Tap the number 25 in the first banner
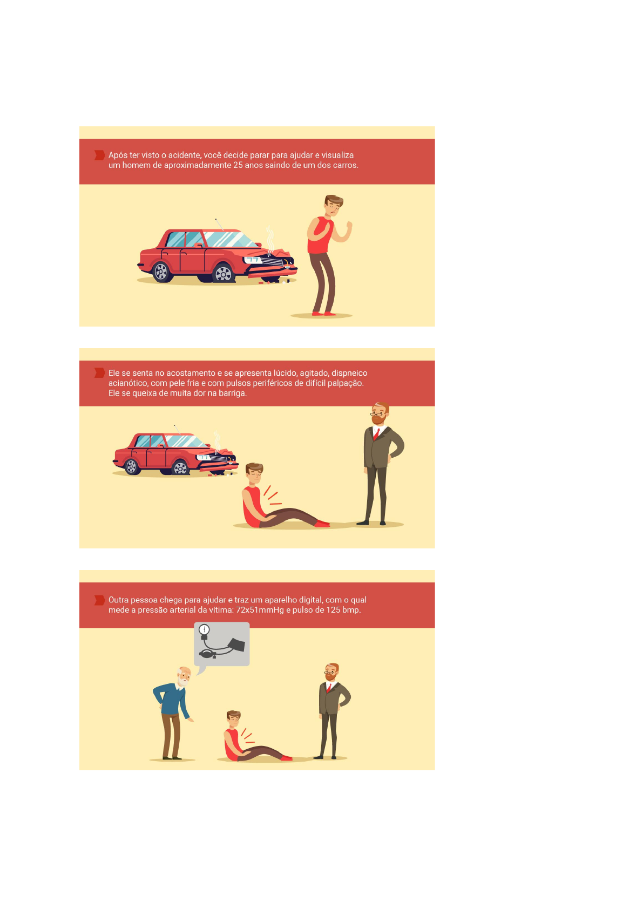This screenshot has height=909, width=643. pyautogui.click(x=238, y=165)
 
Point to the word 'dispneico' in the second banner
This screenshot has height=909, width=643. pyautogui.click(x=349, y=374)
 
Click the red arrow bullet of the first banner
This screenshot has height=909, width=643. pyautogui.click(x=100, y=155)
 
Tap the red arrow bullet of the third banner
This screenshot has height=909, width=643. pyautogui.click(x=100, y=600)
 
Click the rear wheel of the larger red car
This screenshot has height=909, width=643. pyautogui.click(x=161, y=271)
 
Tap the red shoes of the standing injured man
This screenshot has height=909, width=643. pyautogui.click(x=324, y=313)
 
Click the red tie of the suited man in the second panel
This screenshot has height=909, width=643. pyautogui.click(x=376, y=434)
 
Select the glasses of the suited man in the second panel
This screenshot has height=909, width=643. pyautogui.click(x=377, y=415)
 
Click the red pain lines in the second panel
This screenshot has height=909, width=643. pyautogui.click(x=272, y=496)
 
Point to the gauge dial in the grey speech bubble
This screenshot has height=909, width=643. pyautogui.click(x=204, y=630)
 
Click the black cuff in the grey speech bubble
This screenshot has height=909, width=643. pyautogui.click(x=237, y=645)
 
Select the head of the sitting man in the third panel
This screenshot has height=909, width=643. pyautogui.click(x=233, y=719)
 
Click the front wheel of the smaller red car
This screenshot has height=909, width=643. pyautogui.click(x=180, y=469)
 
